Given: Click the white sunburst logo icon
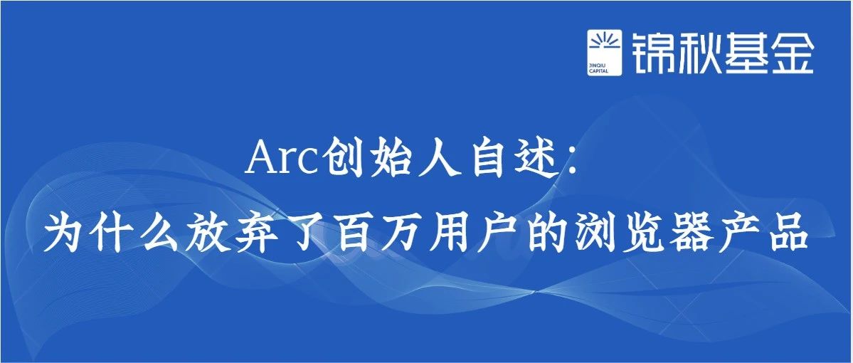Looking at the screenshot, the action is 605,53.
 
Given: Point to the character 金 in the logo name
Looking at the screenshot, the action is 792,53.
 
